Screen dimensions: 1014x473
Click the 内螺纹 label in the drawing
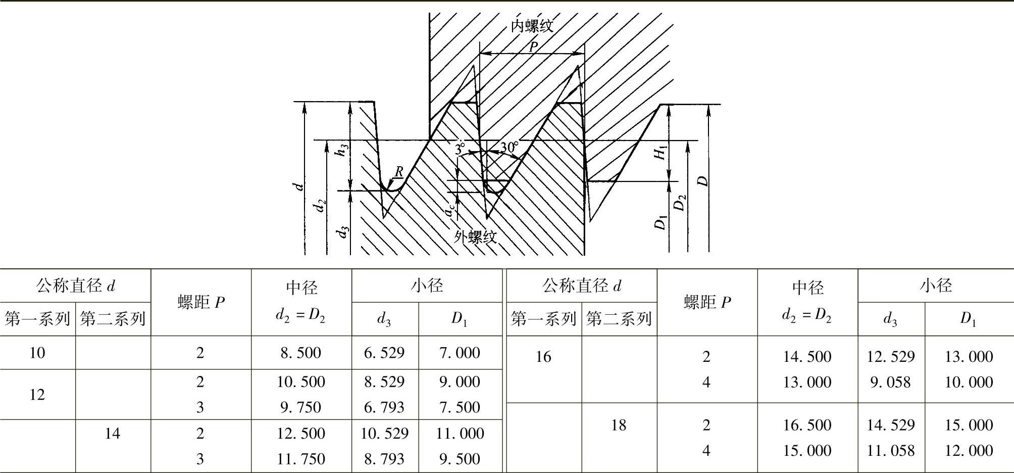532,26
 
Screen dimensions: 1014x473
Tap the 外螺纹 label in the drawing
475,236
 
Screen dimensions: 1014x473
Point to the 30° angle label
509,147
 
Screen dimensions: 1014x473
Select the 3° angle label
460,148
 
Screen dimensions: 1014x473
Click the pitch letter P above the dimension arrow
533,47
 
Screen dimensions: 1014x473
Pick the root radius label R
398,172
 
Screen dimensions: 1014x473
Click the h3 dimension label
343,150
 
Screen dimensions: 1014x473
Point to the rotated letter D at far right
703,180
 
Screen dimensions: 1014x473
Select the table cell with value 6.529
384,353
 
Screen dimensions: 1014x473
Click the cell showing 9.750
301,407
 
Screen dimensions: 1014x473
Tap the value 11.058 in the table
891,450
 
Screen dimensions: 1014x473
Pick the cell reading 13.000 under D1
969,356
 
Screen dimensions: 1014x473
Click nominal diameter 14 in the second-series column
113,433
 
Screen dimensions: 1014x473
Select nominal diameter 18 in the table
619,425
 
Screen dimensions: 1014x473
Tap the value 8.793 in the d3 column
384,459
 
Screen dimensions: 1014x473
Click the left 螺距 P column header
201,302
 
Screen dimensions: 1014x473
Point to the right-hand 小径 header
936,286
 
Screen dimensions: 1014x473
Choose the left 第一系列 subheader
37,319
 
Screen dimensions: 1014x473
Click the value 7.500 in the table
460,407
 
